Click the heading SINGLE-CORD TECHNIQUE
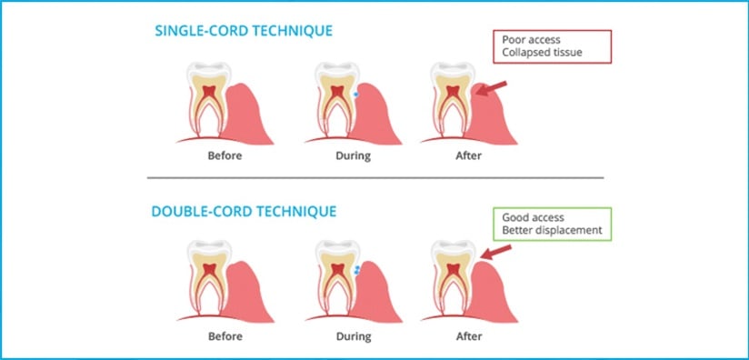click(245, 31)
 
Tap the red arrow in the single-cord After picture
click(491, 88)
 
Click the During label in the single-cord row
click(352, 155)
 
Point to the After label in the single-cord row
click(468, 155)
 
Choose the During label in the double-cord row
click(352, 335)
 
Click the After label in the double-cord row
click(468, 335)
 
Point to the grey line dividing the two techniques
click(374, 177)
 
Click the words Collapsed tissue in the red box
click(544, 54)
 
